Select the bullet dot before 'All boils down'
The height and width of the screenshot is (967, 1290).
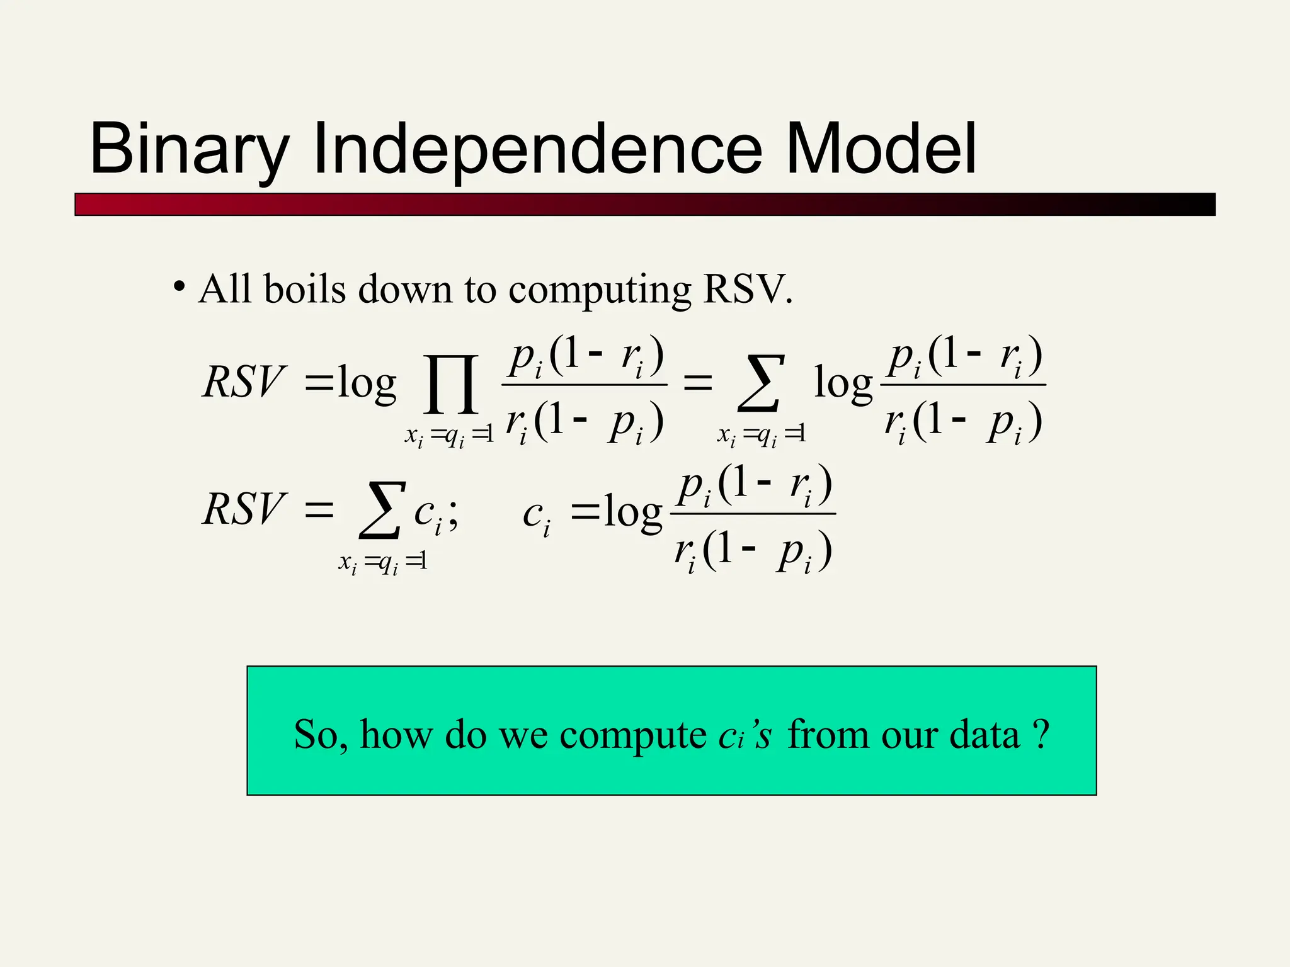[180, 287]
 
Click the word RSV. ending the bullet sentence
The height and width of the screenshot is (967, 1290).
[747, 290]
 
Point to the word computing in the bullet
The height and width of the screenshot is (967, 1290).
[599, 291]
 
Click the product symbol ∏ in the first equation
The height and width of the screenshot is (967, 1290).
[451, 384]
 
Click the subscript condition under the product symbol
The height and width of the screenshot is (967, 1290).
[448, 436]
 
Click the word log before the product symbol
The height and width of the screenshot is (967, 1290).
[367, 383]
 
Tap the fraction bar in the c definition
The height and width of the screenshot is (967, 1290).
[753, 514]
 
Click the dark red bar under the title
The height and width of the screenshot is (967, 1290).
[644, 205]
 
